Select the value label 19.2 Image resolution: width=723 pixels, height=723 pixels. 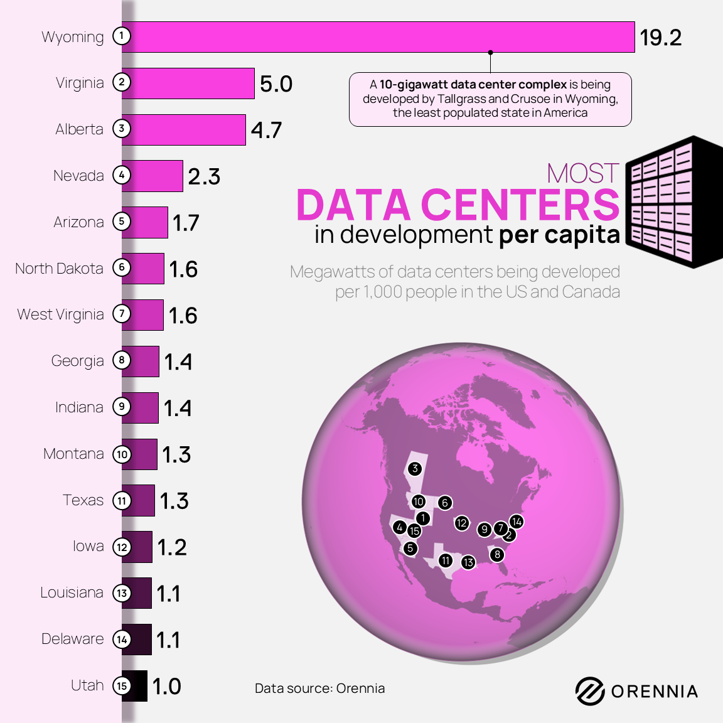tap(660, 38)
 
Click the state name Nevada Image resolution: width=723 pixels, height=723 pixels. tap(78, 176)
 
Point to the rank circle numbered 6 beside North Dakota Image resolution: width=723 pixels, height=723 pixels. tap(122, 267)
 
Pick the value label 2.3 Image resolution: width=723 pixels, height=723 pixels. tap(204, 176)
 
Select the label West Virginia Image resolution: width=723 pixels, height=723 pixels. tap(60, 314)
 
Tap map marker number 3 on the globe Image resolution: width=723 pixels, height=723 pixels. tap(414, 468)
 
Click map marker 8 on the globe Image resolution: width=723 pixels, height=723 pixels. tap(497, 554)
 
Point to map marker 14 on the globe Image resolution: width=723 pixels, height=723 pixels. tap(517, 522)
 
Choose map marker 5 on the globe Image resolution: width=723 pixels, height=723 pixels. tap(410, 548)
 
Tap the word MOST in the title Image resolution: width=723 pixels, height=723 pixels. tap(583, 173)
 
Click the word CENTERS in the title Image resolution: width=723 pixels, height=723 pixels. tap(520, 205)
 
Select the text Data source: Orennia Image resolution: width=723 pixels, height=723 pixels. tap(319, 688)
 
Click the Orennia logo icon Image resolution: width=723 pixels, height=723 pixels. tap(590, 691)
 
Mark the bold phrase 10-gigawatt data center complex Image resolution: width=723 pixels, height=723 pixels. tap(473, 85)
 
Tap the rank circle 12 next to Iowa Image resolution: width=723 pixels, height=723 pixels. tap(122, 547)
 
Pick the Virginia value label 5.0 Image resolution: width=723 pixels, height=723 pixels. tap(276, 83)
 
